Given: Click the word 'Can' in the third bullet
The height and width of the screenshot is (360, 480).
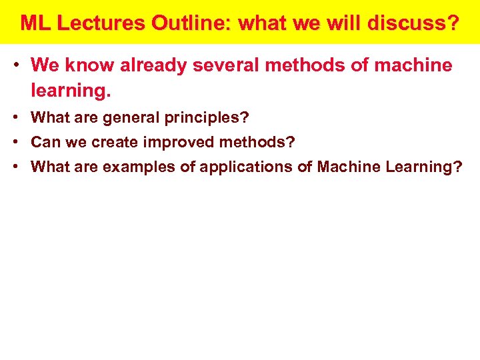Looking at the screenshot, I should (x=45, y=143).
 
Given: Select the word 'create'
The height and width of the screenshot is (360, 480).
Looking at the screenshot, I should (x=114, y=143).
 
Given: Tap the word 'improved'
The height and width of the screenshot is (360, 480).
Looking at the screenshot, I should (x=177, y=143).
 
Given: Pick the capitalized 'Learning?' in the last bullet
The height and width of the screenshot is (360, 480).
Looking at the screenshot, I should (x=423, y=167).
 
